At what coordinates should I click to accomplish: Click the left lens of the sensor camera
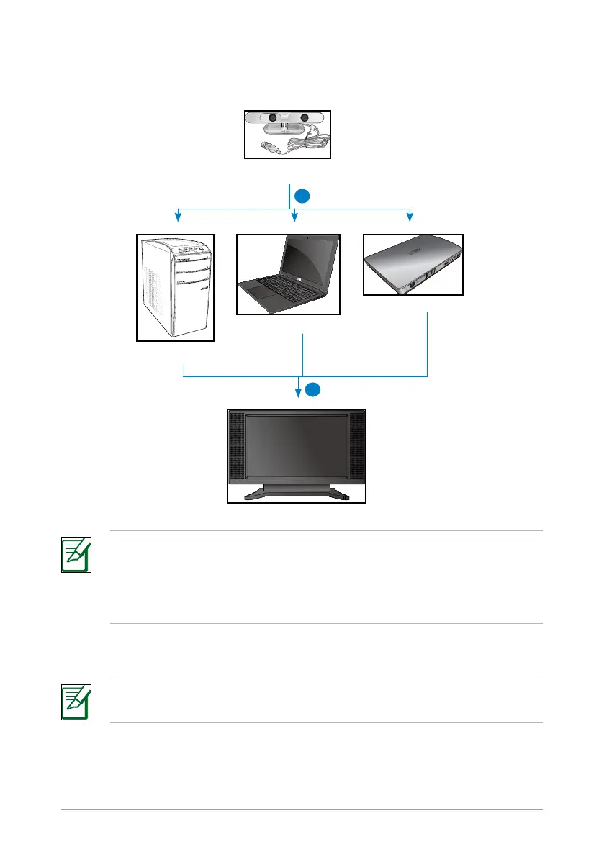(273, 118)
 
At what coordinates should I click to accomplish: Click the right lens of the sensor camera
(305, 118)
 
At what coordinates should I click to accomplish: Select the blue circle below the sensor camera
(305, 196)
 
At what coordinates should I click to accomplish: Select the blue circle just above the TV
(311, 390)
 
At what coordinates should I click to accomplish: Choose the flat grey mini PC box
(413, 264)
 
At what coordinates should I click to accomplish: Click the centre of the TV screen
(297, 446)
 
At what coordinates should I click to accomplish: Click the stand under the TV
(297, 491)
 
